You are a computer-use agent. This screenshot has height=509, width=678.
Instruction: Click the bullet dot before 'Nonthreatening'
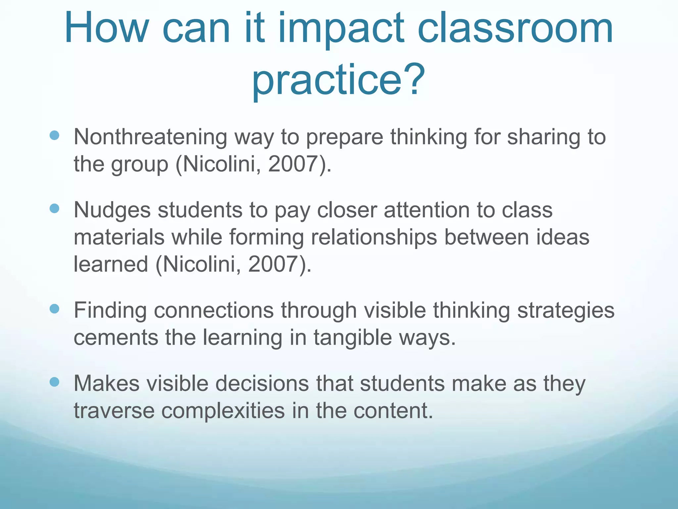click(x=54, y=135)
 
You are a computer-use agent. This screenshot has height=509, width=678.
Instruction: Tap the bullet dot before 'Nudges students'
click(x=54, y=208)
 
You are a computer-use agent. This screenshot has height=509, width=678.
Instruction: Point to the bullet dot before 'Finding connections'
click(x=54, y=309)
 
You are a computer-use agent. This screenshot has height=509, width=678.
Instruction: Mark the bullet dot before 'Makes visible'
click(x=54, y=382)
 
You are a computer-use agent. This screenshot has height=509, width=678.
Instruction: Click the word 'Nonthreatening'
click(x=150, y=137)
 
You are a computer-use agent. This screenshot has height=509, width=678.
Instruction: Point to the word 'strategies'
click(x=566, y=311)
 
